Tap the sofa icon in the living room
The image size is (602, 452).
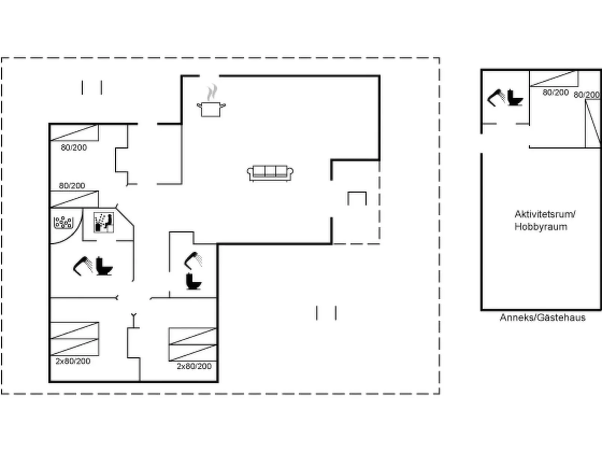[x=270, y=173]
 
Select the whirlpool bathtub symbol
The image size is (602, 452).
[x=63, y=222]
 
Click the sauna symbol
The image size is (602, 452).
[x=103, y=222]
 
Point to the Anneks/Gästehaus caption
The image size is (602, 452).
[x=542, y=318]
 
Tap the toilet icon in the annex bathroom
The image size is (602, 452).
[x=515, y=98]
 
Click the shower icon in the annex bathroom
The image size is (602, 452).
[x=496, y=98]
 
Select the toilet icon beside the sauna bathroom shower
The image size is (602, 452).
[x=104, y=266]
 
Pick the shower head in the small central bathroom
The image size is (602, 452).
[x=193, y=260]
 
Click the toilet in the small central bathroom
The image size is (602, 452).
[x=193, y=281]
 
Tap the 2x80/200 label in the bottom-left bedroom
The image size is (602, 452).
[x=73, y=361]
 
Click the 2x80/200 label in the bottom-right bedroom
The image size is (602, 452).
[x=194, y=366]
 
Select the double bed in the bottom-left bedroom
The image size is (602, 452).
[x=75, y=339]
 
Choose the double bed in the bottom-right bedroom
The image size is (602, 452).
[x=193, y=344]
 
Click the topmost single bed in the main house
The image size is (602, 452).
[x=74, y=133]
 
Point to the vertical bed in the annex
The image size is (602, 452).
[x=593, y=123]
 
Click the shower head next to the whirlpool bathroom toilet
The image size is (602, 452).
[x=83, y=266]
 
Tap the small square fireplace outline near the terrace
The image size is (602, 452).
[x=357, y=198]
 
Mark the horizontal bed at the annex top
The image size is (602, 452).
[x=554, y=79]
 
